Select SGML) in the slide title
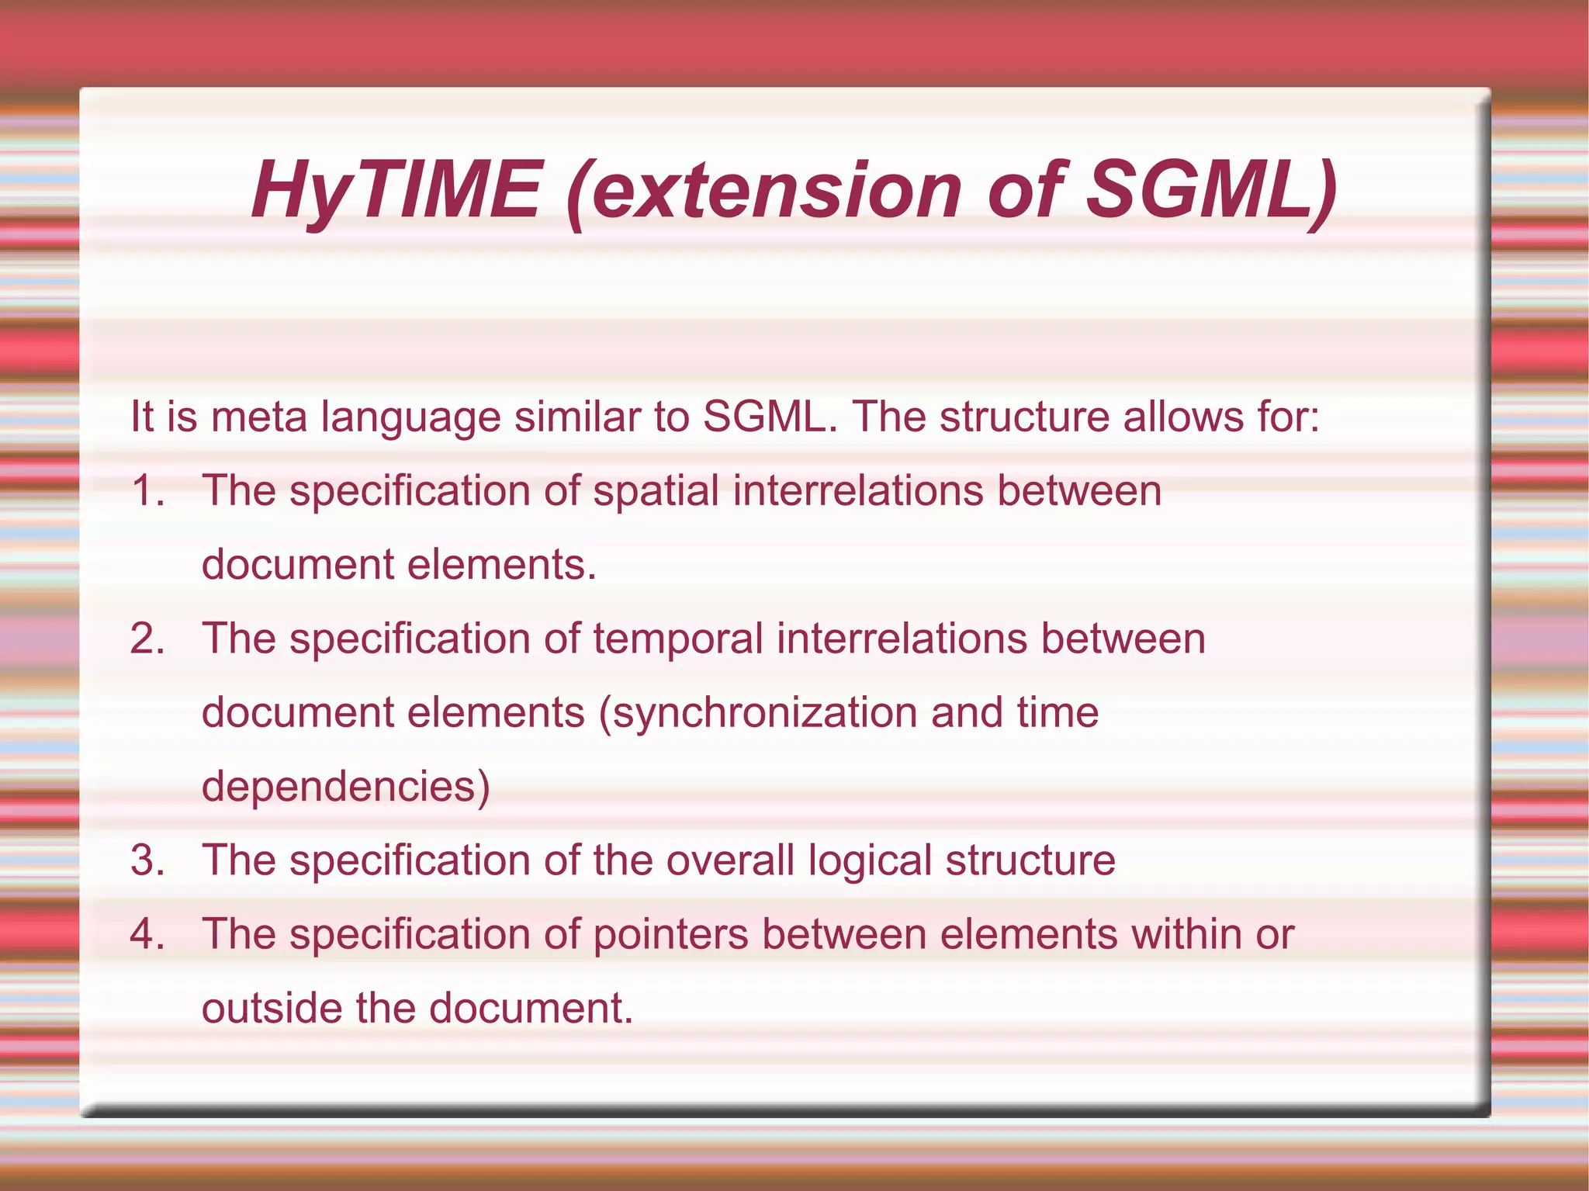(1211, 191)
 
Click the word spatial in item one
(656, 491)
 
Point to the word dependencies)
(346, 787)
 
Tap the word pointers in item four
(670, 934)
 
